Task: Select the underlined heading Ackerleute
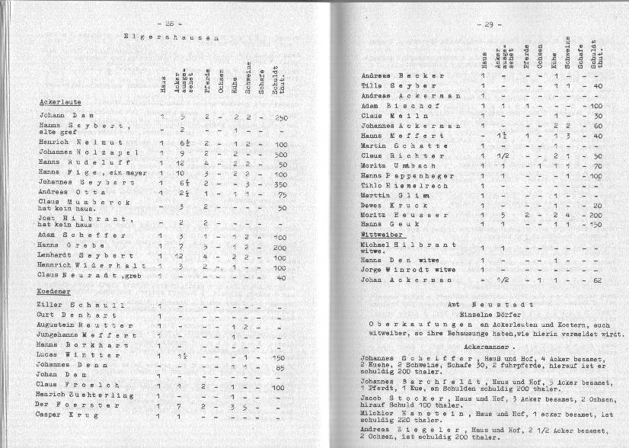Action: [60, 101]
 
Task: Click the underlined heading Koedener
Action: [55, 292]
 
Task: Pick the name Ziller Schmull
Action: [71, 306]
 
